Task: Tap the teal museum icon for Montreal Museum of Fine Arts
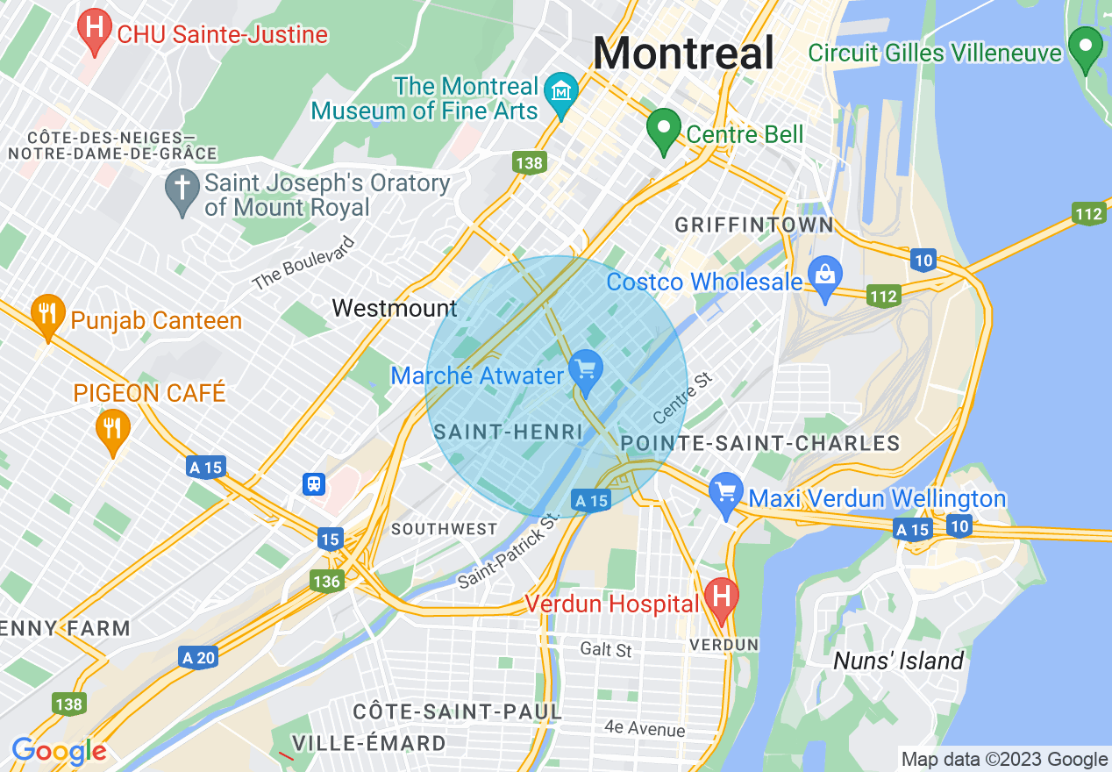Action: tap(560, 91)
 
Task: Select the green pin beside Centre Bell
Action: tap(664, 130)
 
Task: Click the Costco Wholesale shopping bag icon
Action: tap(825, 276)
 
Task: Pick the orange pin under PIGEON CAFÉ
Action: tap(112, 430)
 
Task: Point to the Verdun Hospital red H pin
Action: tap(721, 599)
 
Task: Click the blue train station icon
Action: tap(313, 483)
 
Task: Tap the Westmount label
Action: tap(395, 308)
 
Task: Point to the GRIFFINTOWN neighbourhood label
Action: tap(753, 225)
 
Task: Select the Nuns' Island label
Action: tap(898, 661)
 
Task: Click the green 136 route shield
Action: tap(326, 581)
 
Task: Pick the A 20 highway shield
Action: tap(197, 657)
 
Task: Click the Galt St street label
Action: tap(605, 650)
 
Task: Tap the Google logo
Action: tap(59, 751)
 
